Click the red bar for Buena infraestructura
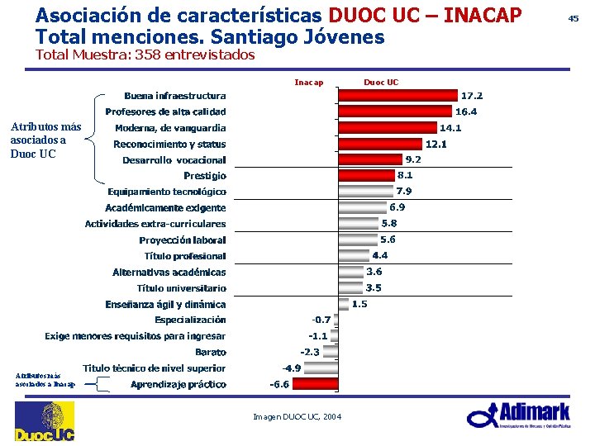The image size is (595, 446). coord(397,96)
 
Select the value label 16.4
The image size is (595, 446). coord(467,111)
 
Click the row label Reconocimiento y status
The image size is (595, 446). coord(169,144)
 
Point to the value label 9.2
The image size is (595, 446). coord(413,159)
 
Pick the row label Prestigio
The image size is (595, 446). coord(204,176)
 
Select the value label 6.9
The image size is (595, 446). coord(397,207)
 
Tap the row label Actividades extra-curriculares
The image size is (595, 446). coord(155,224)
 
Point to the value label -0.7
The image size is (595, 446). coord(321,320)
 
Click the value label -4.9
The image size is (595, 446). coord(292,368)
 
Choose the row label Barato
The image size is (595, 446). coord(211,352)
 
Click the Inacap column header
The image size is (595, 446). coord(308,82)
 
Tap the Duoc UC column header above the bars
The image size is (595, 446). coord(381,82)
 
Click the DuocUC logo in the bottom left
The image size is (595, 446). coord(44,422)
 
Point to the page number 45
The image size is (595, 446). coord(574,17)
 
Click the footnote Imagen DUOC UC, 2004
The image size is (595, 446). coord(297,416)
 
